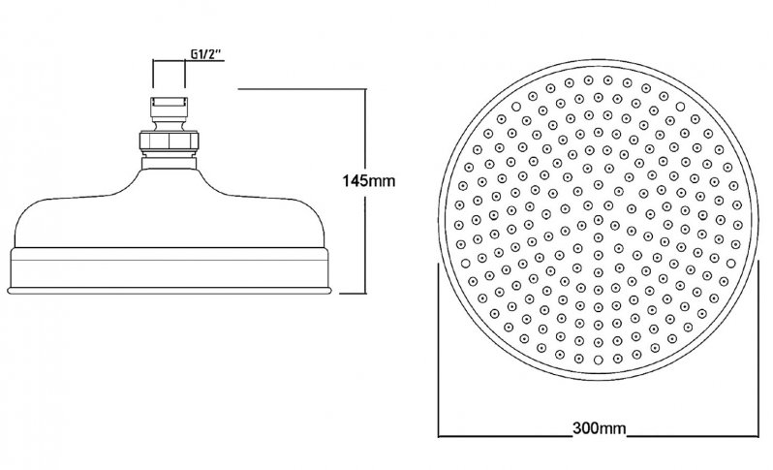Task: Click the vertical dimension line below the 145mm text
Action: (367, 242)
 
